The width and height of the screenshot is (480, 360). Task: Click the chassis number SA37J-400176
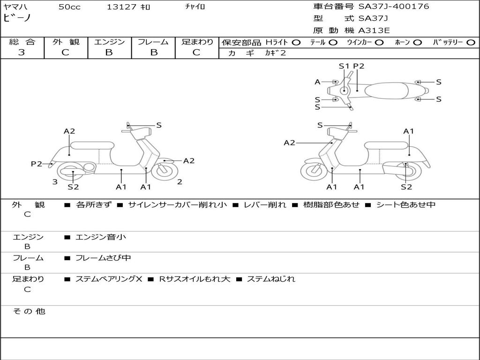(x=394, y=7)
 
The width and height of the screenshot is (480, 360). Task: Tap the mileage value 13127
(x=121, y=7)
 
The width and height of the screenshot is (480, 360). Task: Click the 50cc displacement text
(x=69, y=7)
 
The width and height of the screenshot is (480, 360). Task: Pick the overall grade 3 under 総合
(x=22, y=52)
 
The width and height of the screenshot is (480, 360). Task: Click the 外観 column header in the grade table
(x=66, y=42)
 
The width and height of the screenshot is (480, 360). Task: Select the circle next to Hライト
(x=296, y=43)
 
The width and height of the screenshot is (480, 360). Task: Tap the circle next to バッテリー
(x=471, y=43)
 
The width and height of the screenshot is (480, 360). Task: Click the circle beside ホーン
(x=417, y=43)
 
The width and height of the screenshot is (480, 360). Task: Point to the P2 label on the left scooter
(x=37, y=164)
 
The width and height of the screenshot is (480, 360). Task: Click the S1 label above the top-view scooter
(x=344, y=66)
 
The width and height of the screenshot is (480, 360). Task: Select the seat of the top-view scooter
(x=387, y=90)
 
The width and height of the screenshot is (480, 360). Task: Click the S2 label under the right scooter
(x=406, y=187)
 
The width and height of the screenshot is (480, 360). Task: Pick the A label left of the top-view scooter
(x=317, y=82)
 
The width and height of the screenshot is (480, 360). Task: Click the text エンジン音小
(x=101, y=237)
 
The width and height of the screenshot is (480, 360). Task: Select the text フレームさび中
(x=103, y=258)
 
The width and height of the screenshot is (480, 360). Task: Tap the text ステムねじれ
(x=271, y=279)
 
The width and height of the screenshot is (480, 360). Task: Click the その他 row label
(x=29, y=311)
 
